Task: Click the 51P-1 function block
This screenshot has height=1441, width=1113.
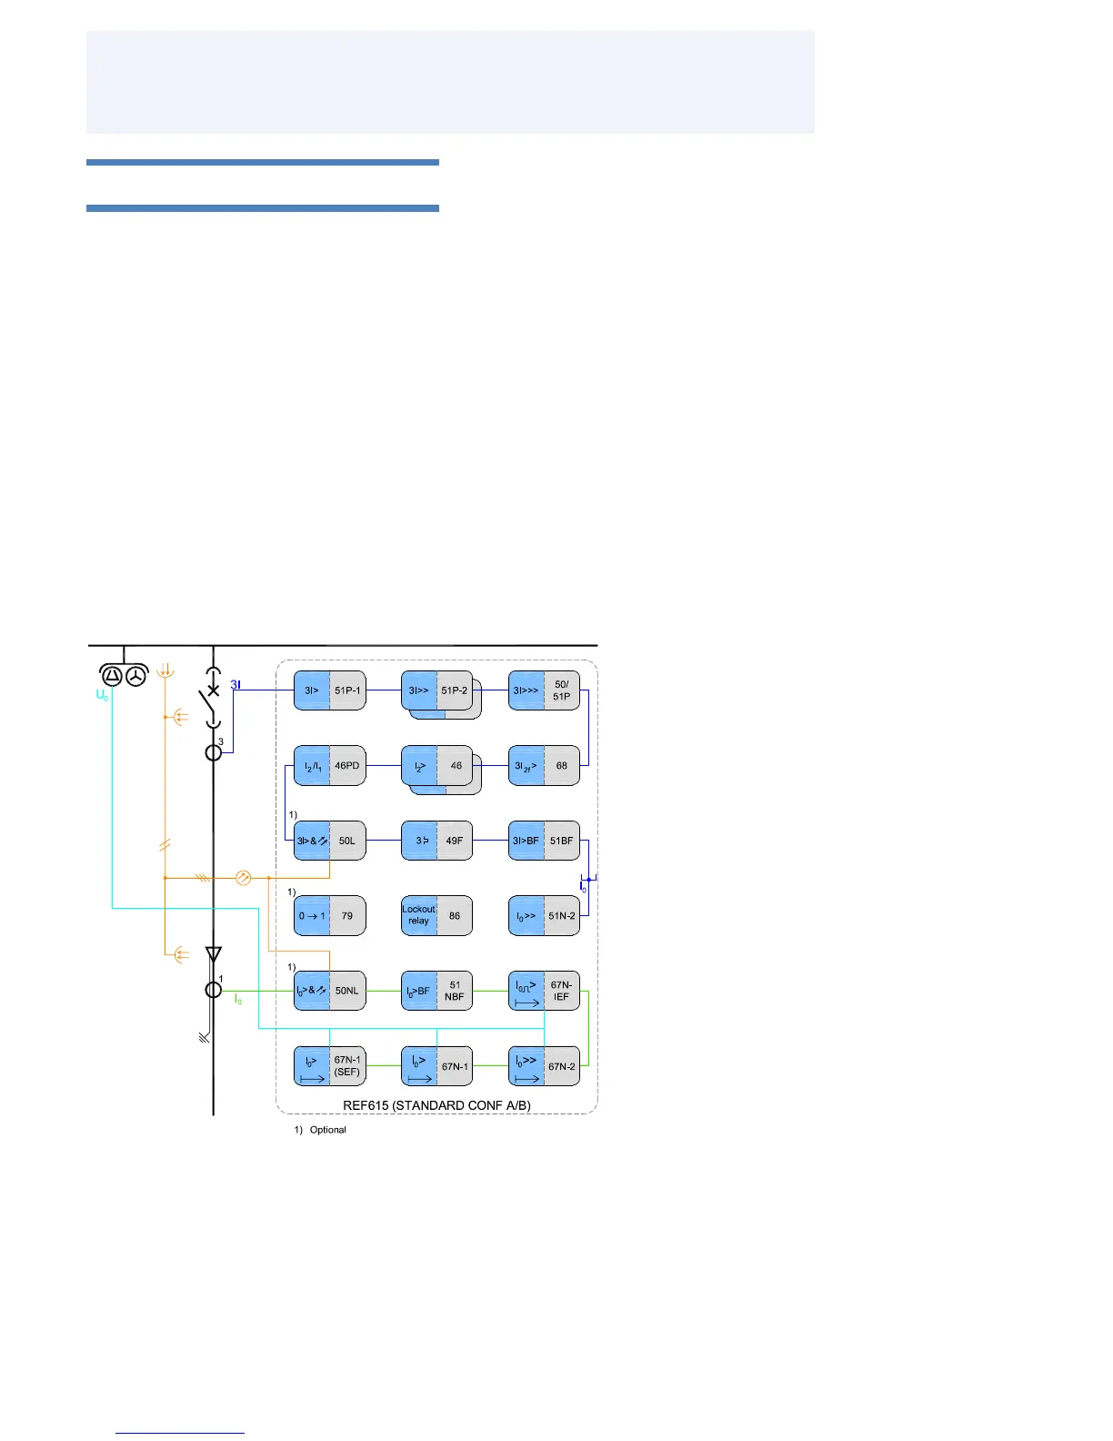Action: [329, 690]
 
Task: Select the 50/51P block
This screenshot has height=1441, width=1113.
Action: [544, 690]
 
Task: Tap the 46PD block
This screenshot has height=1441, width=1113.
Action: [329, 766]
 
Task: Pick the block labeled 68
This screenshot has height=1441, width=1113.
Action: [544, 766]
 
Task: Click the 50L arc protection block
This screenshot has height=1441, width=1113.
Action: [329, 841]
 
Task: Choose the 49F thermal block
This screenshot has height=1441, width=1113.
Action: [436, 841]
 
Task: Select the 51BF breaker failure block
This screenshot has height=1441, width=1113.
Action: [544, 841]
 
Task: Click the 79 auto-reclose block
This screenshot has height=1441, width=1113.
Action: [329, 916]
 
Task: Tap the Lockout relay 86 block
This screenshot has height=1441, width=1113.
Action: [436, 916]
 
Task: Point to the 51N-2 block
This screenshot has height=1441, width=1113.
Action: [544, 916]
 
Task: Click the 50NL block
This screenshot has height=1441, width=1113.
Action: [329, 991]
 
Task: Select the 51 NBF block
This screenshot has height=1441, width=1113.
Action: [436, 991]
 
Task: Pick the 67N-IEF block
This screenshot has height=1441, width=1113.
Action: [544, 991]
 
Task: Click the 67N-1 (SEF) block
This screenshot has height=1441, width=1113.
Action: [329, 1066]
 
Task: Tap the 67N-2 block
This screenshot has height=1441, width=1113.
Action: [544, 1066]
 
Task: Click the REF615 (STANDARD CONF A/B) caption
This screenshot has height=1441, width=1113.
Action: [436, 1105]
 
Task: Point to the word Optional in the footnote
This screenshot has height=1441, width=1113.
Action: [327, 1130]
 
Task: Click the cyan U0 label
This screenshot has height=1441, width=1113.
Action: [102, 695]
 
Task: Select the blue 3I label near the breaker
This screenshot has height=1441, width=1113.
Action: [235, 684]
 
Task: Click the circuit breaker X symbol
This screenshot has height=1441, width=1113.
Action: [214, 690]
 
